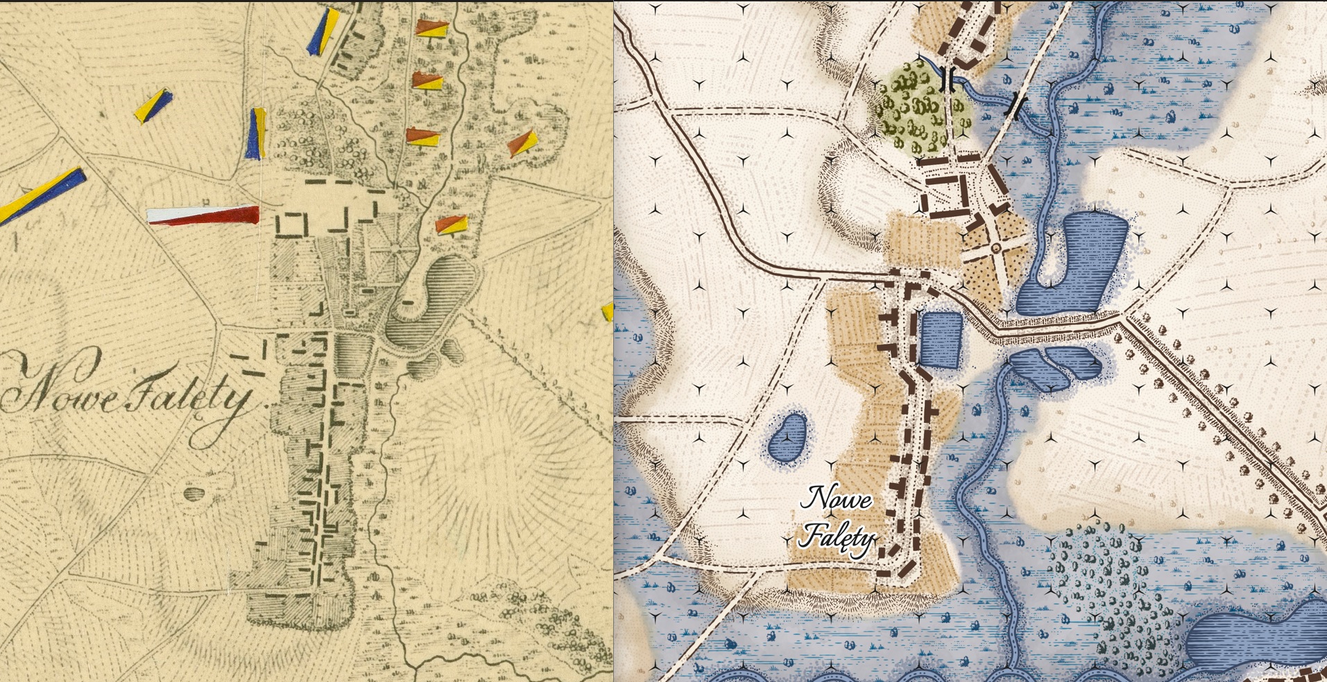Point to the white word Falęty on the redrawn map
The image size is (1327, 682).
pos(838,537)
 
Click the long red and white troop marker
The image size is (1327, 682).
pos(203,215)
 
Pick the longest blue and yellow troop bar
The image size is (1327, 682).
pos(40,195)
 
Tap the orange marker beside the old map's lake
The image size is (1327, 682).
pos(451,225)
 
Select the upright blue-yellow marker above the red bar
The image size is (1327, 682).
pos(256,133)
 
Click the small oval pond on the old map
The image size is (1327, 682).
pos(194,494)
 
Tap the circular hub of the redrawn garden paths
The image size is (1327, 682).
pos(996,247)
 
